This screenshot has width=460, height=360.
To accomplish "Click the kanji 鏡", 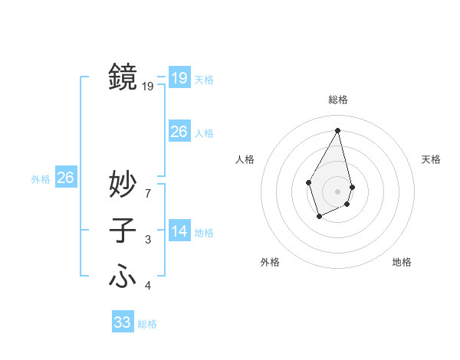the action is click(x=123, y=77).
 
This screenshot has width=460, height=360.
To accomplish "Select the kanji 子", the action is click(x=123, y=231).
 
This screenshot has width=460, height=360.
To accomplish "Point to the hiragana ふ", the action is click(x=123, y=275).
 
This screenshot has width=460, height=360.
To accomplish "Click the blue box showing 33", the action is click(x=123, y=322).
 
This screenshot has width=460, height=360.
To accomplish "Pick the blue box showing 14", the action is click(x=179, y=231).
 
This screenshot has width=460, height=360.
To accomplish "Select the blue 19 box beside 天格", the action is click(x=179, y=78).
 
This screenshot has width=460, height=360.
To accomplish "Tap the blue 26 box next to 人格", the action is click(x=179, y=132).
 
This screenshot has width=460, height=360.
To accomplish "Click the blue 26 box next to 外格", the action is click(x=65, y=178).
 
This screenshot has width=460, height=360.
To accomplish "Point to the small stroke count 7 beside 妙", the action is click(x=148, y=194).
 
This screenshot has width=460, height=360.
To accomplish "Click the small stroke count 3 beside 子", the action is click(x=148, y=241).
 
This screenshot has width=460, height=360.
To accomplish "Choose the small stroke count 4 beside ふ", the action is click(x=148, y=286).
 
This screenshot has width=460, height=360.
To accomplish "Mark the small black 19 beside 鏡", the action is click(x=148, y=87).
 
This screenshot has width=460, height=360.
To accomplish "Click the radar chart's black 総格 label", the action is click(x=338, y=100).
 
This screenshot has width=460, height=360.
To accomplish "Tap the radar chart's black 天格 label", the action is click(x=431, y=159).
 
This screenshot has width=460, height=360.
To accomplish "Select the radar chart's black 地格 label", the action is click(x=402, y=262).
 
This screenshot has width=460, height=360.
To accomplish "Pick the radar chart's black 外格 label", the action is click(x=270, y=262).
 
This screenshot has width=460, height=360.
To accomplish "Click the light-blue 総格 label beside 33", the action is click(x=147, y=324).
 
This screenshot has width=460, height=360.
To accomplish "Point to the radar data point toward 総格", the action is click(x=338, y=129).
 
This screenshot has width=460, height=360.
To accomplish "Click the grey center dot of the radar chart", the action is click(x=338, y=191).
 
